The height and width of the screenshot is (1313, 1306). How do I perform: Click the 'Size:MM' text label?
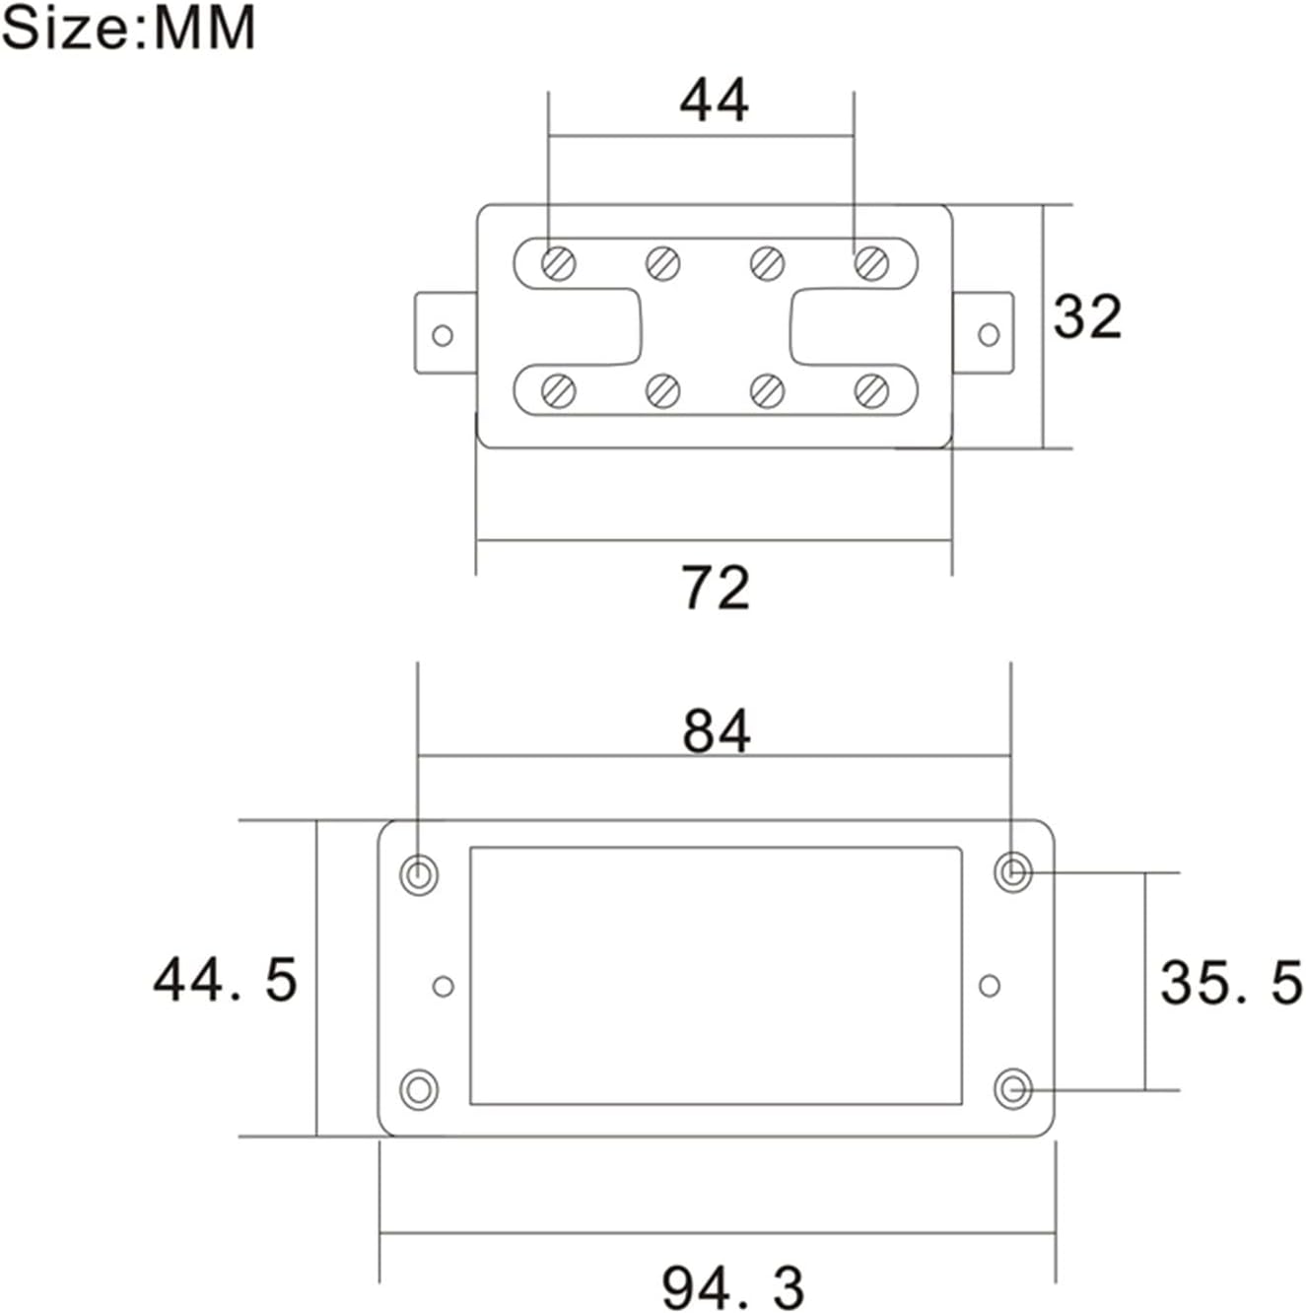128,28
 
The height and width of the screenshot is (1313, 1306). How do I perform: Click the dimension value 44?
715,100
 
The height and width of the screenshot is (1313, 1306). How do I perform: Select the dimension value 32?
1087,317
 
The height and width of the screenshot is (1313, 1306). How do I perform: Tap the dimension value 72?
716,587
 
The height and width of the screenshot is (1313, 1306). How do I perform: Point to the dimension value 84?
717,731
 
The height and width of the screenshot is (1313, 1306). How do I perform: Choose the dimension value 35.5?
1231,983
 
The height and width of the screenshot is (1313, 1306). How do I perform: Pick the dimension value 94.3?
733,1287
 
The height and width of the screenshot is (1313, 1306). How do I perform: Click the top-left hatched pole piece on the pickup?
559,263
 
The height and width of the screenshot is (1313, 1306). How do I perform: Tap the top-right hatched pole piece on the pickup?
871,262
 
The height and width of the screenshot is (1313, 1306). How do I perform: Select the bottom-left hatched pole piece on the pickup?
559,391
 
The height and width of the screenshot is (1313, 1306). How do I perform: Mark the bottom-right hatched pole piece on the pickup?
871,391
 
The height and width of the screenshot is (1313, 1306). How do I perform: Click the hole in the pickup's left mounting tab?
443,335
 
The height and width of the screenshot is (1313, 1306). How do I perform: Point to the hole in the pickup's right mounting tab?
989,335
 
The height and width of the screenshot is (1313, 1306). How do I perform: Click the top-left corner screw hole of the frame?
419,873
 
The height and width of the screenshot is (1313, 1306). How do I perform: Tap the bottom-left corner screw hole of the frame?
419,1090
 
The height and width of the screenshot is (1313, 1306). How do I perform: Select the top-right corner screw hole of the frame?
1012,872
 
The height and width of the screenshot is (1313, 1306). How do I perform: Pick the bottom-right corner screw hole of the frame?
1012,1090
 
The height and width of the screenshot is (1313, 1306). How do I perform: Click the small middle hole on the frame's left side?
444,986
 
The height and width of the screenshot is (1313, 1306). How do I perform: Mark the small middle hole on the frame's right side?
990,986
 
